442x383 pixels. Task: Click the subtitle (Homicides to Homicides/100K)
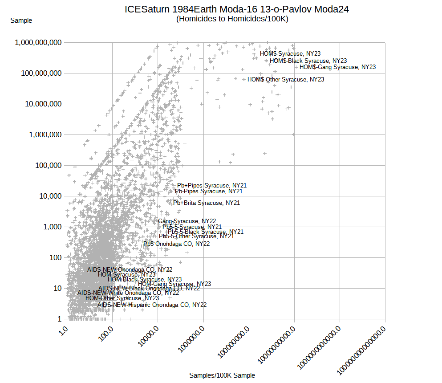click(x=232, y=19)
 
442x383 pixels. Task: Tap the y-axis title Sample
click(x=21, y=20)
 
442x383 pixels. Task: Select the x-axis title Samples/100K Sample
click(x=222, y=375)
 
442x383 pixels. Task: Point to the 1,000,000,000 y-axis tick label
click(x=38, y=43)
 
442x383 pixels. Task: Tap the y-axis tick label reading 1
click(x=59, y=319)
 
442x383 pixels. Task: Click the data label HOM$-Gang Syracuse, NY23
click(x=337, y=67)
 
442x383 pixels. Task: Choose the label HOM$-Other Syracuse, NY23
click(x=286, y=80)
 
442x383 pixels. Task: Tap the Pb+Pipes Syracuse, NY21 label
click(x=212, y=186)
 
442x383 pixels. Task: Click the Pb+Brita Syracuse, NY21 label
click(x=207, y=203)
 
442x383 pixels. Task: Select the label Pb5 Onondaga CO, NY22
click(x=176, y=244)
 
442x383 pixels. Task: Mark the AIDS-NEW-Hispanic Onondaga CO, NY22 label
click(x=152, y=305)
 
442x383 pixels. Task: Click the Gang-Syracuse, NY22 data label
click(x=187, y=221)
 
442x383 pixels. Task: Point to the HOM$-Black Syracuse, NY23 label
click(x=308, y=61)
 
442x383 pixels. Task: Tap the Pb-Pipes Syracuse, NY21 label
click(x=209, y=191)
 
